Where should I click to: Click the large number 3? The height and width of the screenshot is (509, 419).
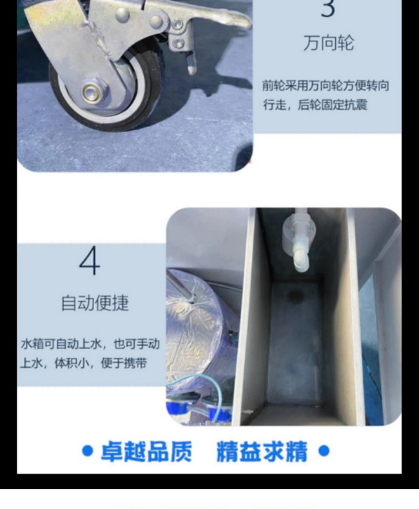tap(327, 8)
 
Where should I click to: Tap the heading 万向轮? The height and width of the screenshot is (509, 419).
tap(329, 43)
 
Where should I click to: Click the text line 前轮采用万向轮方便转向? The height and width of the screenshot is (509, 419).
tap(326, 86)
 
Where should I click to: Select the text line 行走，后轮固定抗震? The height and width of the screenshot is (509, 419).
tap(315, 105)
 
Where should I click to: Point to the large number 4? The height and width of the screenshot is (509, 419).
tap(90, 261)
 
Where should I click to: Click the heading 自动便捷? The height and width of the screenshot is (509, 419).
tap(95, 303)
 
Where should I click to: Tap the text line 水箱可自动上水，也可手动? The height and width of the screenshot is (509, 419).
tap(90, 344)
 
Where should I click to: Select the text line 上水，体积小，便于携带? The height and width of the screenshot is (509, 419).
tap(84, 363)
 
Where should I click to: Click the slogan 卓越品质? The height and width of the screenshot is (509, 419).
tap(146, 451)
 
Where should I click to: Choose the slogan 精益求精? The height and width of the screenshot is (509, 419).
tap(262, 451)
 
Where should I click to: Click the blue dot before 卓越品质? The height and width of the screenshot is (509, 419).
tap(87, 451)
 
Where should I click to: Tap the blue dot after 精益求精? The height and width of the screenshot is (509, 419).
tap(324, 451)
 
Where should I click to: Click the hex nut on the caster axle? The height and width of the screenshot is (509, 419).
tap(94, 90)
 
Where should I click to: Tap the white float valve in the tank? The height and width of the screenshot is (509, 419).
tap(296, 239)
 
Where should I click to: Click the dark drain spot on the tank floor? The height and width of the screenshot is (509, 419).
tap(296, 295)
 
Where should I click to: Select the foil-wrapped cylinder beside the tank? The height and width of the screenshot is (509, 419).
tap(201, 328)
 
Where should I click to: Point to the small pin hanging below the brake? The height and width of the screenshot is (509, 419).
tap(191, 65)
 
